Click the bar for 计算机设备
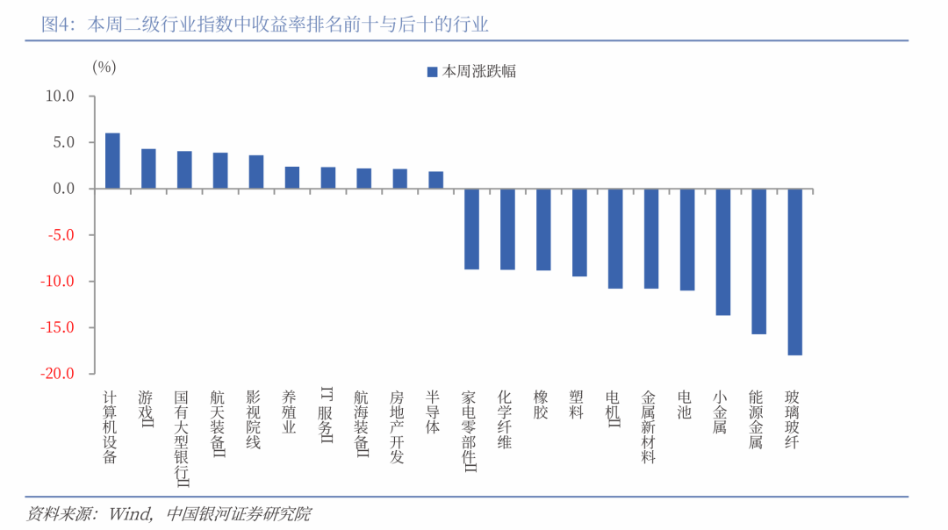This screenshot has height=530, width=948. pos(112,161)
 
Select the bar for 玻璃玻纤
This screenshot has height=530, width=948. pos(794,272)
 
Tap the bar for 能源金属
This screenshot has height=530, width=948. pos(758,261)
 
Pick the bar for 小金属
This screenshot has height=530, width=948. pos(723,252)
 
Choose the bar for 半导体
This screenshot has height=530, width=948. pos(436,180)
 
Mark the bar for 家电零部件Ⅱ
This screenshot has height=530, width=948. pos(471,229)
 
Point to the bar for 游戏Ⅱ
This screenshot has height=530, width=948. pos(148,168)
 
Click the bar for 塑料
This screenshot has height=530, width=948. pos(579,233)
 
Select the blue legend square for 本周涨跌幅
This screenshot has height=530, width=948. pos(432,72)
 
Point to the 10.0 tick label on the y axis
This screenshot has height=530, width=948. pos(60,97)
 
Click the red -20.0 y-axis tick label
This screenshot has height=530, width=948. pos(57,374)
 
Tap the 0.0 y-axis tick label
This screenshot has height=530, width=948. pos(63,189)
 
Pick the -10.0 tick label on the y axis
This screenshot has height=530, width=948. pos(57,281)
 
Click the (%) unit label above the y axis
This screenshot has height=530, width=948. pos(104,67)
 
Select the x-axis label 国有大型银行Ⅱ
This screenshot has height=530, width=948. pos(182,438)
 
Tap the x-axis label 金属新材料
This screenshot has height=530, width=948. pos(648,426)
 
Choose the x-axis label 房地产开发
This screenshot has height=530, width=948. pos(397,426)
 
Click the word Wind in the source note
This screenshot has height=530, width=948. pos(130,514)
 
